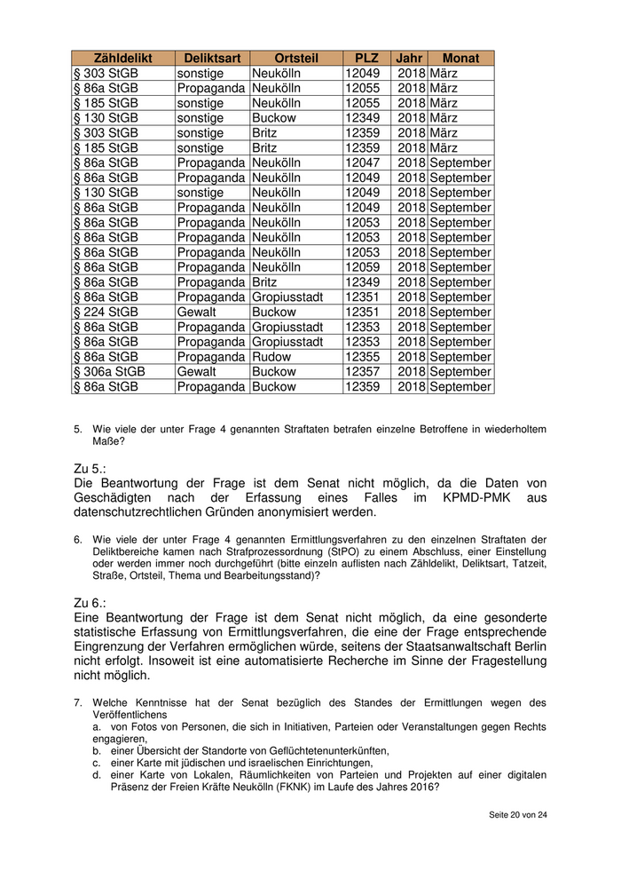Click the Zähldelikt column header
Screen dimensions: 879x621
[x=122, y=59]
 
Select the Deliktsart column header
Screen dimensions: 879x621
[x=212, y=59]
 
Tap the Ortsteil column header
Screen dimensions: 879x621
[x=296, y=59]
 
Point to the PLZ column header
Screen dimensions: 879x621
[x=366, y=59]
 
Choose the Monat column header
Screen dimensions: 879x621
[x=460, y=59]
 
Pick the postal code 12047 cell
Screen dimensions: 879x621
[x=362, y=163]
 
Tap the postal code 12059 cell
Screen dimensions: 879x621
[x=362, y=267]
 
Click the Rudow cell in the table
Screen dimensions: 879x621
[x=271, y=357]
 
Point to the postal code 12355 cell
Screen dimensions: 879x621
[x=362, y=357]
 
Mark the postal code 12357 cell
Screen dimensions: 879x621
[x=362, y=372]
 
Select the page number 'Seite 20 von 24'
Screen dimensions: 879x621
[x=518, y=815]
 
